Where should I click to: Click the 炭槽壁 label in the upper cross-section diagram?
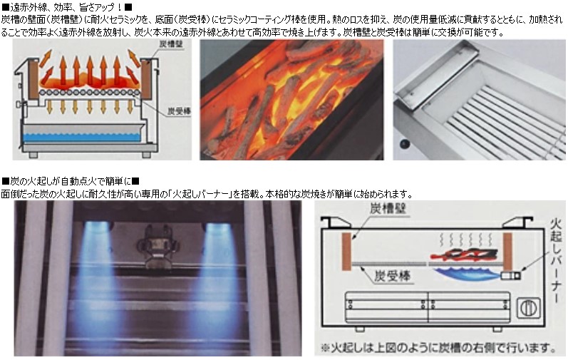coord(170,45)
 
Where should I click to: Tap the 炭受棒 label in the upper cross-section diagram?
coord(179,111)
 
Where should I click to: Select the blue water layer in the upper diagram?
coord(82,137)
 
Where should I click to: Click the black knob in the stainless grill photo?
coord(404,145)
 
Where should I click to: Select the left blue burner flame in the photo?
coord(96,268)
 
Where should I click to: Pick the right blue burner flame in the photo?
coord(217,268)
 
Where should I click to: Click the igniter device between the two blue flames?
coord(158,245)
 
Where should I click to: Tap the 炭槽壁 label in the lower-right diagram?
coord(388,209)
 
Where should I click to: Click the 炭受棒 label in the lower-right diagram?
coord(392,277)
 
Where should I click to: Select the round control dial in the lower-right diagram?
coord(528,308)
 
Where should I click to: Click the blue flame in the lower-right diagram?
coord(468,274)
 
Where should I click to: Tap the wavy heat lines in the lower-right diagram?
coord(466,240)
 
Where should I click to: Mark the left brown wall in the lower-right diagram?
coord(346,252)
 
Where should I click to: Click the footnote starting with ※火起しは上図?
coord(438,348)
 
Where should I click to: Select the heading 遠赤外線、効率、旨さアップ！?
coord(68,6)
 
